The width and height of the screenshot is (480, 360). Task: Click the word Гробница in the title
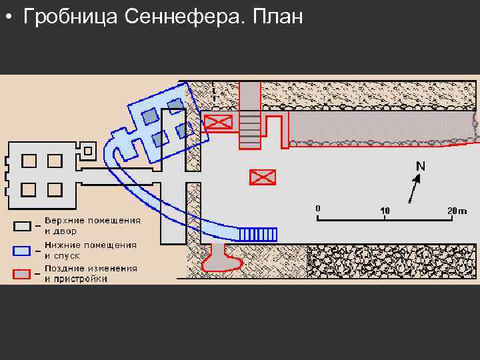71,17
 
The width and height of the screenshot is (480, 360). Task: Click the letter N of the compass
421,165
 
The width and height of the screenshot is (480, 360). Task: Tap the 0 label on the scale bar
318,209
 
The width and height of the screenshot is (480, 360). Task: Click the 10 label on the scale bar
385,211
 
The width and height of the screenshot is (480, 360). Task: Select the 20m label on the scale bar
457,210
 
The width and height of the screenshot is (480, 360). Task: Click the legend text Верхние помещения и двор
92,225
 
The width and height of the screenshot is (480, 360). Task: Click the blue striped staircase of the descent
258,234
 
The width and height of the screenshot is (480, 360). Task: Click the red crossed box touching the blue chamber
219,122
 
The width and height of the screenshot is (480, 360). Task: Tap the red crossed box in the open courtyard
262,177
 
